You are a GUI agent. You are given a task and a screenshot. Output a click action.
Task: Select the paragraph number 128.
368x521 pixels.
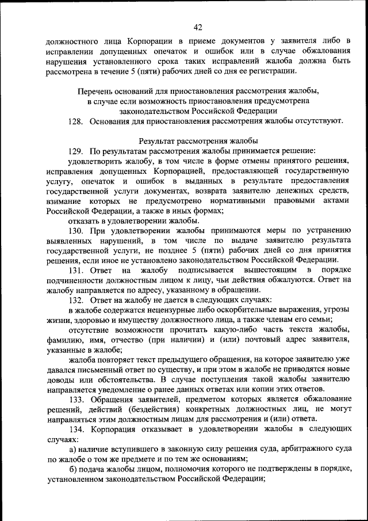tap(76, 121)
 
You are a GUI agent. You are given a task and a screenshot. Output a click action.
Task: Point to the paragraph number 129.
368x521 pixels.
tap(76, 151)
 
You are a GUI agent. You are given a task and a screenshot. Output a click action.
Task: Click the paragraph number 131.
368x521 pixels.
tap(76, 270)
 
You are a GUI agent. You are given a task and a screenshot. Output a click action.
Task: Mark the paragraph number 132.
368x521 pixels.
tap(76, 300)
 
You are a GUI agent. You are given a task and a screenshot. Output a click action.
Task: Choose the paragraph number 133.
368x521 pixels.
tap(76, 399)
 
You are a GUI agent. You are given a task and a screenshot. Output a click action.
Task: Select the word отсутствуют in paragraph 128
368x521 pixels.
tap(321, 121)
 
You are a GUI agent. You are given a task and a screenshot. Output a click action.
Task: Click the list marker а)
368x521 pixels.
tap(73, 449)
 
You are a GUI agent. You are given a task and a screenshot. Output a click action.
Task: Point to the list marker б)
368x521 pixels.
tap(73, 469)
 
